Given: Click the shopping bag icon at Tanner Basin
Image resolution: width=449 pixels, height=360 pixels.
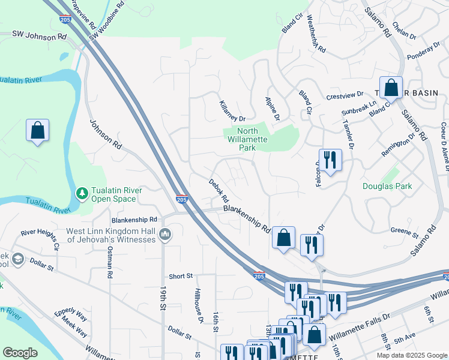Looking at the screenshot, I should tap(391, 88).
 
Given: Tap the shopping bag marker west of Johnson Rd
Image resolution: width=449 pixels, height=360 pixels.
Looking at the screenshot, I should tap(37, 130).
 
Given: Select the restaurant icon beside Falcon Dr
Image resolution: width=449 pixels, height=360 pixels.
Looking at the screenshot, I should tap(330, 160).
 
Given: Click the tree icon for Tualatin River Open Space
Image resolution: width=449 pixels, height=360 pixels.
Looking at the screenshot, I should tap(82, 194).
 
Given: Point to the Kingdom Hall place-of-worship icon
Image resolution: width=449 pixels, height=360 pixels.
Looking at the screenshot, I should tap(166, 233).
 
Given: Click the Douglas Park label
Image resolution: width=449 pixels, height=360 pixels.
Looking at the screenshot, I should tap(387, 186).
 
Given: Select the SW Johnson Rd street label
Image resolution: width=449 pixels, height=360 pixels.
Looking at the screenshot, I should tap(39, 36).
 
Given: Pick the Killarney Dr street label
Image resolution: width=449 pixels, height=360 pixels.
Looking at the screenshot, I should tap(233, 110).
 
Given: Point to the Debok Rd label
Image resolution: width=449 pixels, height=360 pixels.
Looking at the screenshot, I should tap(219, 190).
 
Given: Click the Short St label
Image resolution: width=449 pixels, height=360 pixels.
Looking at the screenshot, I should tap(180, 276).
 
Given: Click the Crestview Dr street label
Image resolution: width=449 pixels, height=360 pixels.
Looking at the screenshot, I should tap(345, 95).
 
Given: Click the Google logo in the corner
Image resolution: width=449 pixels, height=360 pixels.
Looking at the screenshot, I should tap(20, 353).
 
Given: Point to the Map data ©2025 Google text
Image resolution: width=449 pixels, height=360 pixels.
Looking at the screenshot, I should tap(411, 355).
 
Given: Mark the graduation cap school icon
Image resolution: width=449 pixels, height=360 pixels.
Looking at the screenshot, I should tap(18, 259).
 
